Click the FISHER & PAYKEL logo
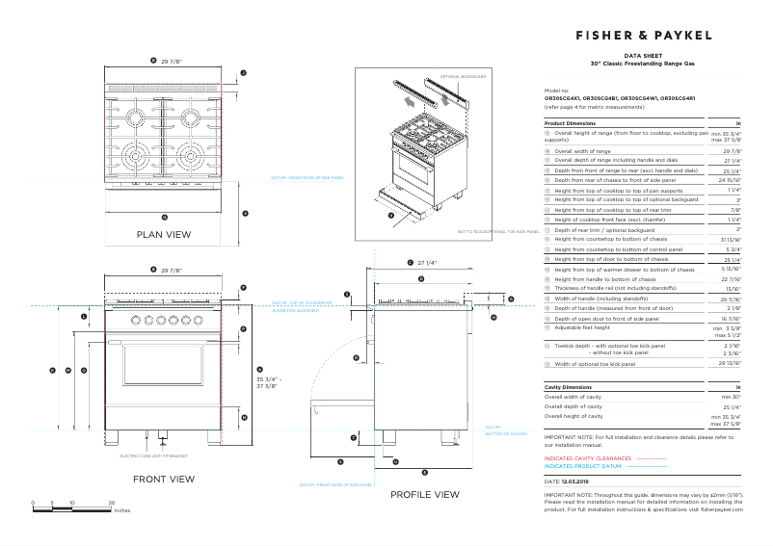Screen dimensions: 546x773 click(x=644, y=36)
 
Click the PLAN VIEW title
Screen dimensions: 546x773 click(x=164, y=234)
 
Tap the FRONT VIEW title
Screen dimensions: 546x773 click(x=164, y=479)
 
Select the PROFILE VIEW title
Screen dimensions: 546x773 click(x=424, y=494)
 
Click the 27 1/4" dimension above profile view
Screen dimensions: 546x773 click(x=427, y=262)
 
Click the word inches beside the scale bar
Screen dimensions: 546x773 click(x=121, y=510)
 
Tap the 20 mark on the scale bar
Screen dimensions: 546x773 click(x=112, y=503)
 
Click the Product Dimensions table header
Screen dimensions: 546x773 click(x=570, y=124)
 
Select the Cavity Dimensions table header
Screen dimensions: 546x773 click(x=568, y=386)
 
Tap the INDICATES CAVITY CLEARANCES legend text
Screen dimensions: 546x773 click(x=588, y=458)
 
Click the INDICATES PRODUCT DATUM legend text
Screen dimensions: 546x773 click(x=585, y=466)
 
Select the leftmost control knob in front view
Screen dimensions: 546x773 click(x=135, y=320)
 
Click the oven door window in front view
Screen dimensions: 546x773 click(x=162, y=377)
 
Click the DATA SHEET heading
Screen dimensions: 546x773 click(x=643, y=57)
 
